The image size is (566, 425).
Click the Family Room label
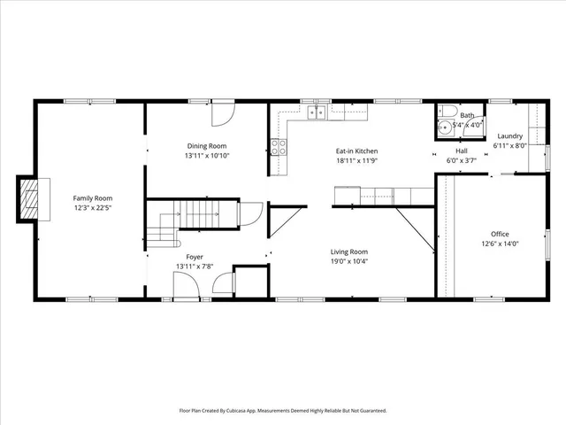tap(92, 197)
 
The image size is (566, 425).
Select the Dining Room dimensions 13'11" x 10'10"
tap(206, 156)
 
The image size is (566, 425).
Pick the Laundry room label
tap(509, 135)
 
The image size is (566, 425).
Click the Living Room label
tap(349, 251)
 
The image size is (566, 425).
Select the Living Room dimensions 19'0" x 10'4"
tap(349, 261)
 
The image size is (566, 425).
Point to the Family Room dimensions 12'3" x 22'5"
tap(92, 208)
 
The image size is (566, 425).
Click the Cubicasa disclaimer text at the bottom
tap(283, 410)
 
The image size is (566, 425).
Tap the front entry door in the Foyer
tap(186, 285)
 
